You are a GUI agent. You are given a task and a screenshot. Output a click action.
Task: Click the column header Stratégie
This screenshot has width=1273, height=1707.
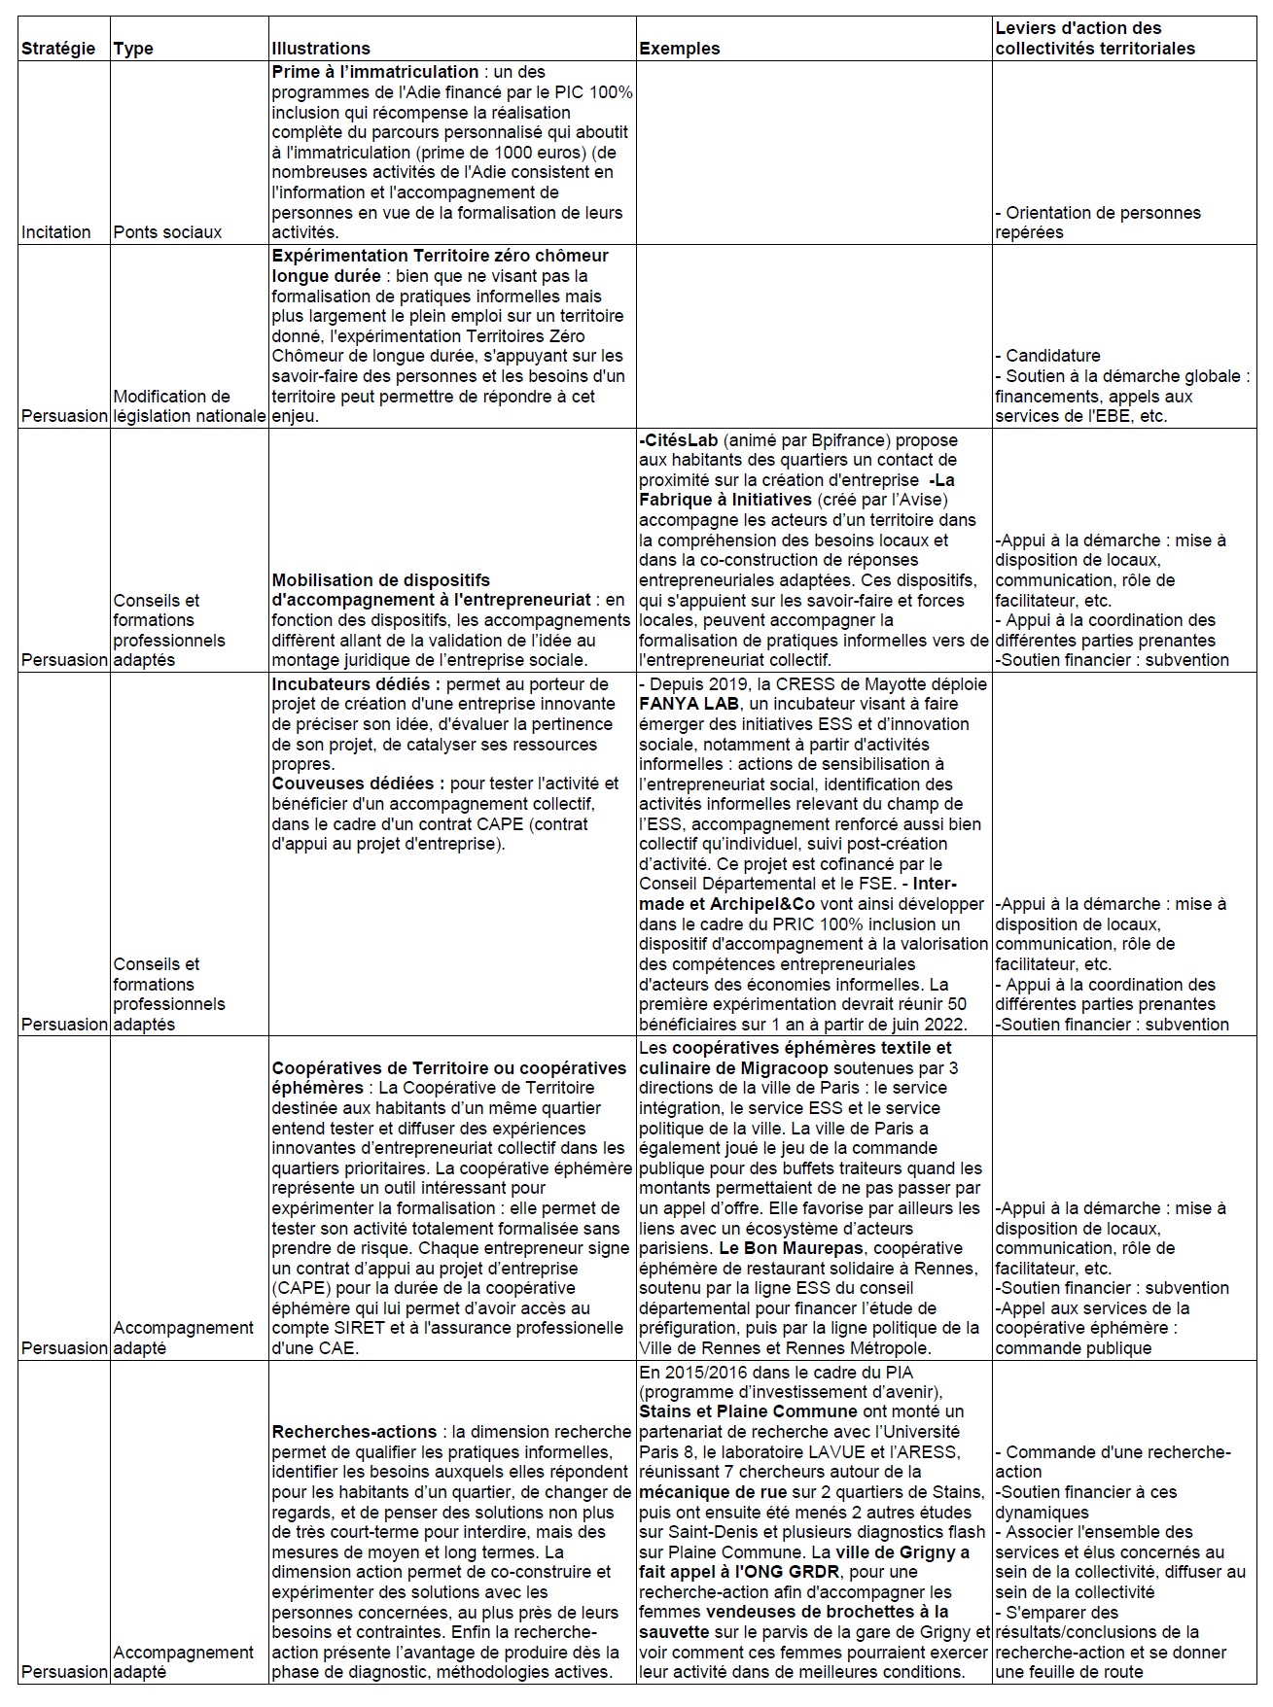(x=58, y=49)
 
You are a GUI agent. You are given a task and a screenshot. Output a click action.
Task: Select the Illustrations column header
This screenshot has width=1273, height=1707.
(x=321, y=49)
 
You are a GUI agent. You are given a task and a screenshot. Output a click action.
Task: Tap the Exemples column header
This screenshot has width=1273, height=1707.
(x=680, y=49)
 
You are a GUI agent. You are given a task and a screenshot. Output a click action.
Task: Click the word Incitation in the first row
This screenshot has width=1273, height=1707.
(x=56, y=232)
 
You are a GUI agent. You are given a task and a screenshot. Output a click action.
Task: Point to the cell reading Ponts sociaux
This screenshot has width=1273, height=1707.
(x=167, y=232)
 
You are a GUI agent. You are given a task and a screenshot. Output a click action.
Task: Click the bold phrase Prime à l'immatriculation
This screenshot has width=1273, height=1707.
(x=375, y=72)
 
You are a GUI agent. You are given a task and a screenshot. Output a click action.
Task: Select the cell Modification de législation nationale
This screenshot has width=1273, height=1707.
(x=189, y=406)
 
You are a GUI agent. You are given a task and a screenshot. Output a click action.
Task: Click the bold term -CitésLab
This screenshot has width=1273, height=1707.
(x=678, y=440)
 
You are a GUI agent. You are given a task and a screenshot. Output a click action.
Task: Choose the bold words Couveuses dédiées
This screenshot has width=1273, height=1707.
(x=358, y=784)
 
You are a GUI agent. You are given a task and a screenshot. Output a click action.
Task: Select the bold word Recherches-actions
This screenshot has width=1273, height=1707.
(x=354, y=1432)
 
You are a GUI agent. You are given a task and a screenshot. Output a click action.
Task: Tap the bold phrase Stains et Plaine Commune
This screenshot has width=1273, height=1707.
(x=748, y=1411)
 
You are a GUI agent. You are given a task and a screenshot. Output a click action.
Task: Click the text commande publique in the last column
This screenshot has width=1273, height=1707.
(x=1073, y=1348)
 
